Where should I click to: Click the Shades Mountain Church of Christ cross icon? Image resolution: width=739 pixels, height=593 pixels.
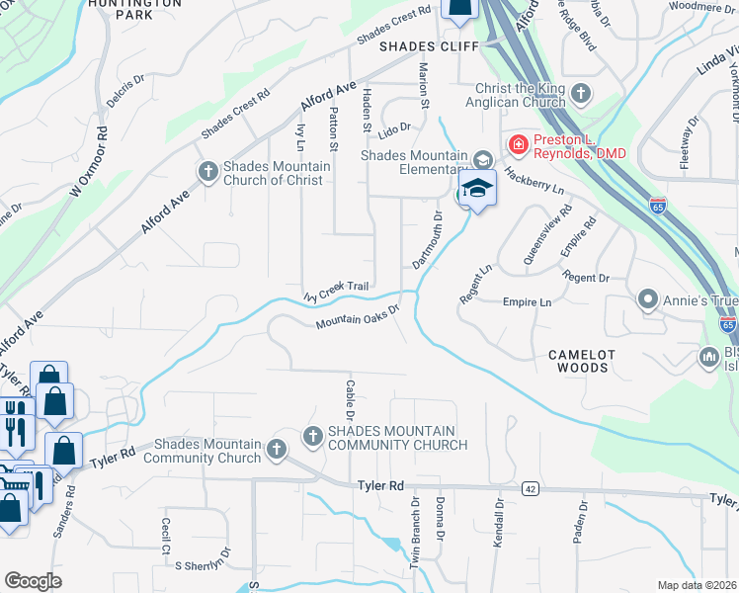pyautogui.click(x=208, y=172)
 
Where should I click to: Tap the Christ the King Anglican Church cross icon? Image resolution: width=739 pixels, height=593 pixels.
pyautogui.click(x=581, y=95)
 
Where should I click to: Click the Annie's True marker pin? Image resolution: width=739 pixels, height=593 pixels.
pyautogui.click(x=648, y=297)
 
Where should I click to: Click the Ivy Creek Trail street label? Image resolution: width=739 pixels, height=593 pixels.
pyautogui.click(x=336, y=290)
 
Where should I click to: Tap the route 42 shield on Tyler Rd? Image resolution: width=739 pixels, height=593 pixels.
pyautogui.click(x=531, y=488)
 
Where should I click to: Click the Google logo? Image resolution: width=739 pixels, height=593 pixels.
pyautogui.click(x=32, y=581)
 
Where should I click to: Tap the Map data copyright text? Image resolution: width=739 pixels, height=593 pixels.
pyautogui.click(x=698, y=585)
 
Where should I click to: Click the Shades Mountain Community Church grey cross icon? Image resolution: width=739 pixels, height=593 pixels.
pyautogui.click(x=313, y=436)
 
